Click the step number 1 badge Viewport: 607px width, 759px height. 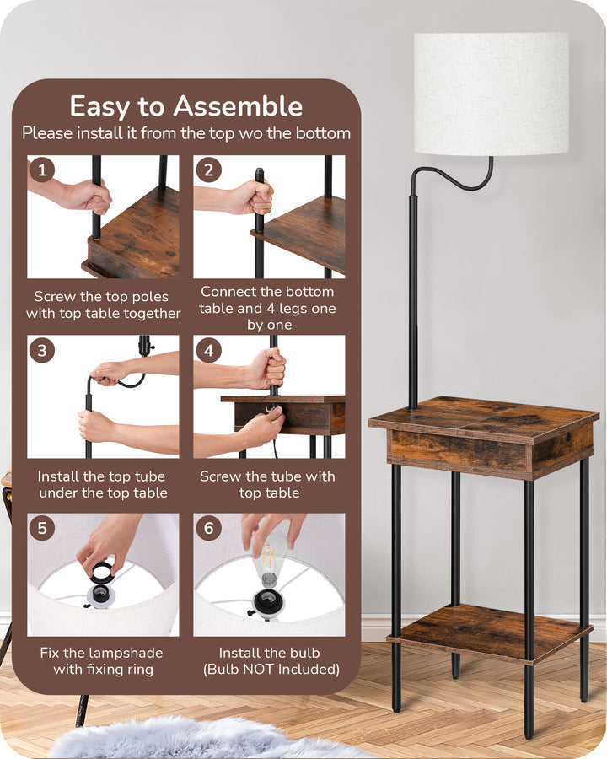coord(42,170)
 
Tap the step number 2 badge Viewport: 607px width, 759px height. coord(208,170)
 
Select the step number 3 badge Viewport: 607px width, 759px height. coord(42,349)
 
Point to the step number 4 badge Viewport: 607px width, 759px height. coord(208,349)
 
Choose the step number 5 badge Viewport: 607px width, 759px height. coord(42,528)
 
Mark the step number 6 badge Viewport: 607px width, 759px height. coord(208,528)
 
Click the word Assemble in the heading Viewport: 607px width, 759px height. coord(238,106)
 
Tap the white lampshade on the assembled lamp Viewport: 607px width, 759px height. coord(491,93)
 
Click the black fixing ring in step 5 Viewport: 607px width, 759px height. coord(101,573)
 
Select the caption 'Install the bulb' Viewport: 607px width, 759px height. coord(268,653)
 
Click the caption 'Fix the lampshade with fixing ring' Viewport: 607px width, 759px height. coord(102,661)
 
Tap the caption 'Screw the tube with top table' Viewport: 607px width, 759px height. coord(268,485)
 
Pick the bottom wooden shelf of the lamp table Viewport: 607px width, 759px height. coord(489,632)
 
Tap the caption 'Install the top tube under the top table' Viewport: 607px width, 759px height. coord(103,485)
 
